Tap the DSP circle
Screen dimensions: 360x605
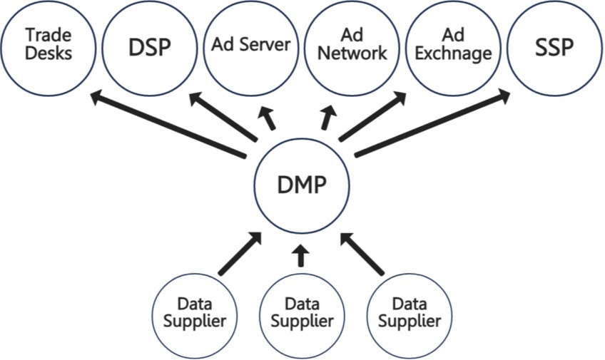(x=151, y=46)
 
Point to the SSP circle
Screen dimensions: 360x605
(x=554, y=46)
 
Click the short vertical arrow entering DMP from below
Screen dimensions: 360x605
(x=300, y=254)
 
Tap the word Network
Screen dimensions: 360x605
(x=352, y=53)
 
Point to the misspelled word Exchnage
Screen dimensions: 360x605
(x=453, y=53)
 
